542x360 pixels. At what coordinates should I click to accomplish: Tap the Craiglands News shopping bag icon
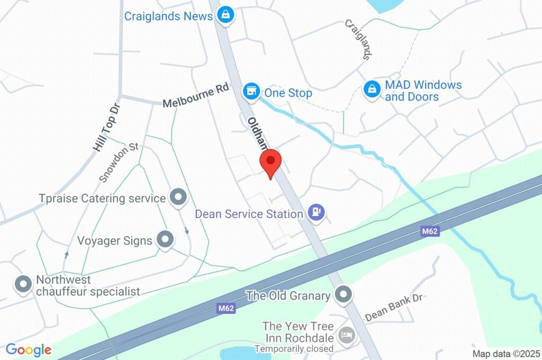226,15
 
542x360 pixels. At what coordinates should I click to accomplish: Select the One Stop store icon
251,92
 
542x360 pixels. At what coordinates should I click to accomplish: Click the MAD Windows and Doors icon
372,89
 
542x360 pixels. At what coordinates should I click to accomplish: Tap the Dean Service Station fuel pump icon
317,213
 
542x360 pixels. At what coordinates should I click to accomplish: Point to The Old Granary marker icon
344,295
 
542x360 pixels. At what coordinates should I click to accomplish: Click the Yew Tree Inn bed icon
346,335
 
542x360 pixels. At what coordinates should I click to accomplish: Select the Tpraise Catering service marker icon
178,198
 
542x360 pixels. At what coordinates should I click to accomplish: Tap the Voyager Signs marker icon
166,239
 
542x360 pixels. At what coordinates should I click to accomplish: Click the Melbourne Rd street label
195,96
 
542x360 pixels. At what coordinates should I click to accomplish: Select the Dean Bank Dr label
394,307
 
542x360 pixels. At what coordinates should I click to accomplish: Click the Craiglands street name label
359,40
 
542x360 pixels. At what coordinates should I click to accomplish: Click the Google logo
29,350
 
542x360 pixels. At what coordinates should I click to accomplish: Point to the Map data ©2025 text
507,354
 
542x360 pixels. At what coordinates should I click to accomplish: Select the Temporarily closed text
294,349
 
